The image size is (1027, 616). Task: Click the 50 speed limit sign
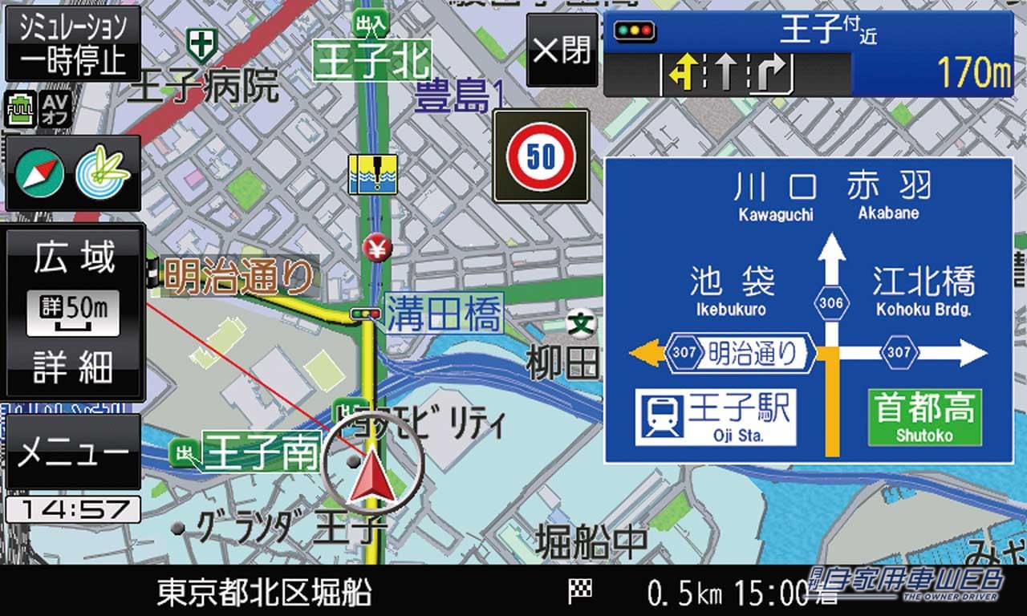click(x=541, y=156)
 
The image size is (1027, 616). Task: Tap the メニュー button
click(x=73, y=453)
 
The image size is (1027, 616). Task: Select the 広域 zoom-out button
click(x=73, y=257)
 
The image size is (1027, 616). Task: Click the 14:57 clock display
click(x=73, y=509)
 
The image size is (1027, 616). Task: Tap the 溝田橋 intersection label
click(x=444, y=313)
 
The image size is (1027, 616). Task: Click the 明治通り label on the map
click(x=239, y=276)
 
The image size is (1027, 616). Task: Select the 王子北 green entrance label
click(x=371, y=61)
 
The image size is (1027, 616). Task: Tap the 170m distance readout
click(x=974, y=74)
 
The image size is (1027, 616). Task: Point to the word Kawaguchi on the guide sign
click(x=775, y=215)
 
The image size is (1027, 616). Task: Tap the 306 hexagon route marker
click(x=832, y=302)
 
